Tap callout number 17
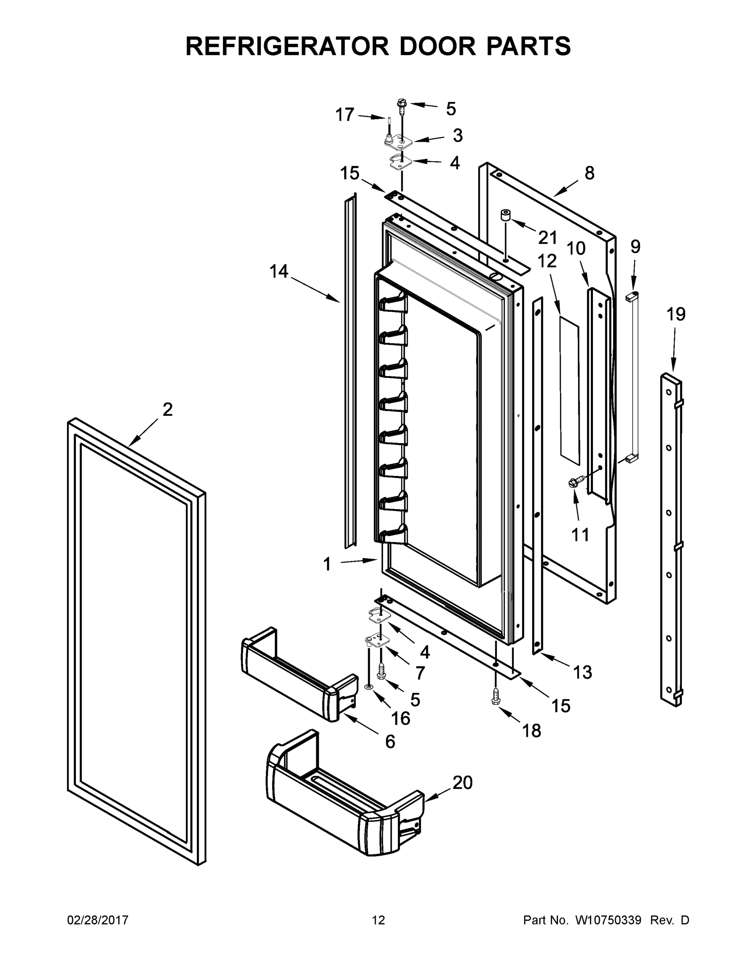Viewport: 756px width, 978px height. point(345,115)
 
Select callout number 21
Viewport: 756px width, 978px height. point(547,238)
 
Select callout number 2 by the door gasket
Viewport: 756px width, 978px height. point(168,409)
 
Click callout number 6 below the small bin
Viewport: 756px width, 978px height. point(390,742)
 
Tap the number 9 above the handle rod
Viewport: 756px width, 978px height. point(635,247)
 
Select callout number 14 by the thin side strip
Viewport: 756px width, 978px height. point(279,271)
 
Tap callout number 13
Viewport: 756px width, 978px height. point(582,672)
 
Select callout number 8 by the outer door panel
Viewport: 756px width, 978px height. point(589,173)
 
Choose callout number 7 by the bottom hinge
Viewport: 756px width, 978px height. point(420,673)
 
